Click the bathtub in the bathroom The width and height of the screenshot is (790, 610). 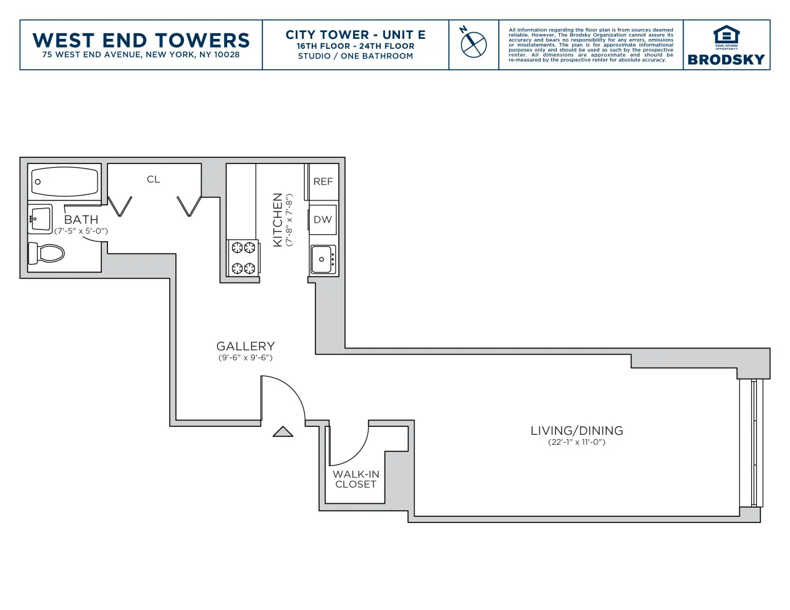[x=65, y=181]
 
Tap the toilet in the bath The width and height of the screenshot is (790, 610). [x=47, y=253]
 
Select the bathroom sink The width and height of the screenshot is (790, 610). [x=41, y=220]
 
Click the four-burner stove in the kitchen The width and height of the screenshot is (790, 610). [x=243, y=258]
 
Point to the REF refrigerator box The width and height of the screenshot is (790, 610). [x=323, y=182]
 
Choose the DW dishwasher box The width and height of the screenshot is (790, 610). [x=323, y=220]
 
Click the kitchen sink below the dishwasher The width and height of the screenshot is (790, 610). [x=323, y=259]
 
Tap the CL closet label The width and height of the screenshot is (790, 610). [x=153, y=179]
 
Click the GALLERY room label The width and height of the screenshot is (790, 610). [x=245, y=347]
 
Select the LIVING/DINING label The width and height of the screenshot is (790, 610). [x=576, y=431]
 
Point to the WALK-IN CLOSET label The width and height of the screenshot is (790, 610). [x=355, y=479]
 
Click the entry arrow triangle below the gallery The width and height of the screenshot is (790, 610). [x=283, y=432]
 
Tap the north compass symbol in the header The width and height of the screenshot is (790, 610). [x=473, y=44]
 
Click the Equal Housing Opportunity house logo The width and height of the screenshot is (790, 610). [x=726, y=36]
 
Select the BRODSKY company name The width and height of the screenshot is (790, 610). [x=726, y=60]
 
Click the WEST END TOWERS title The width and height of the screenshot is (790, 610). [x=141, y=40]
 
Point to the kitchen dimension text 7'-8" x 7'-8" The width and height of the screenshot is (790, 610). [x=289, y=220]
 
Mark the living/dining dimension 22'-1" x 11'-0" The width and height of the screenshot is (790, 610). [x=576, y=442]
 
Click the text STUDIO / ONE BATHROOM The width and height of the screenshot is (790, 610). [x=355, y=56]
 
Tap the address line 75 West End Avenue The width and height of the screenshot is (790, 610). [x=141, y=55]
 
